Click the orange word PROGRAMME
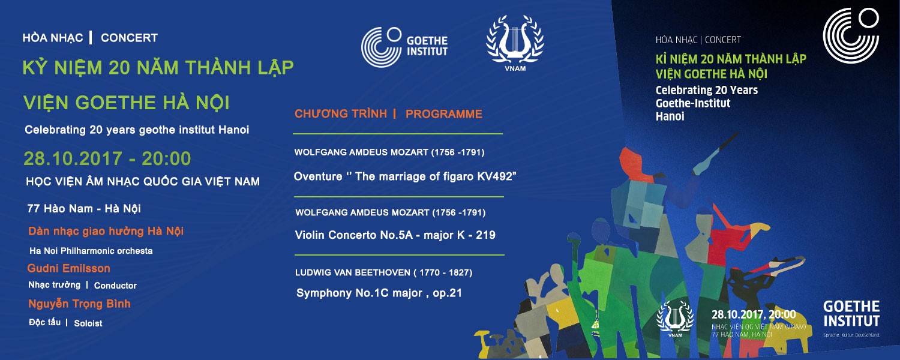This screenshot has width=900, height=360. coord(444,114)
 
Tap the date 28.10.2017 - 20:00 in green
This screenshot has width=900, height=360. coord(107,158)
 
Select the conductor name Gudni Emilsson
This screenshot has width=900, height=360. coord(69,268)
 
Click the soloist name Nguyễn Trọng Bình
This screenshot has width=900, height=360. coord(80,304)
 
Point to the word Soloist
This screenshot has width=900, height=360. coord(88,323)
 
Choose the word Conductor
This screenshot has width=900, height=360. coord(115,286)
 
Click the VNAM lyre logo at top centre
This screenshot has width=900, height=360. coord(515,43)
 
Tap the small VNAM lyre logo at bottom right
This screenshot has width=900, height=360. coord(675,319)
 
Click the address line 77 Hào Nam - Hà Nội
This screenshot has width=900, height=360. coord(84,209)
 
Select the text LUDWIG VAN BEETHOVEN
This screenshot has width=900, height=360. coord(353,272)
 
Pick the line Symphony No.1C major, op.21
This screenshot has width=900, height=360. coord(379,293)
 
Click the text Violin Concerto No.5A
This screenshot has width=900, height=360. coord(354,235)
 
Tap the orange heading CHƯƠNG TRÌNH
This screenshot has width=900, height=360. coord(341,114)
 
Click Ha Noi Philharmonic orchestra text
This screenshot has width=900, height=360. coord(91,251)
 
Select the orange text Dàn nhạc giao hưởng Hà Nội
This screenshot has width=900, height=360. coord(106,232)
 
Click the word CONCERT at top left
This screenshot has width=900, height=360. coord(130,38)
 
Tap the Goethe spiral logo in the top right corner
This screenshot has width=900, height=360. coord(851,35)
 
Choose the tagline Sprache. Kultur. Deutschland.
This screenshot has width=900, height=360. coord(851,335)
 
